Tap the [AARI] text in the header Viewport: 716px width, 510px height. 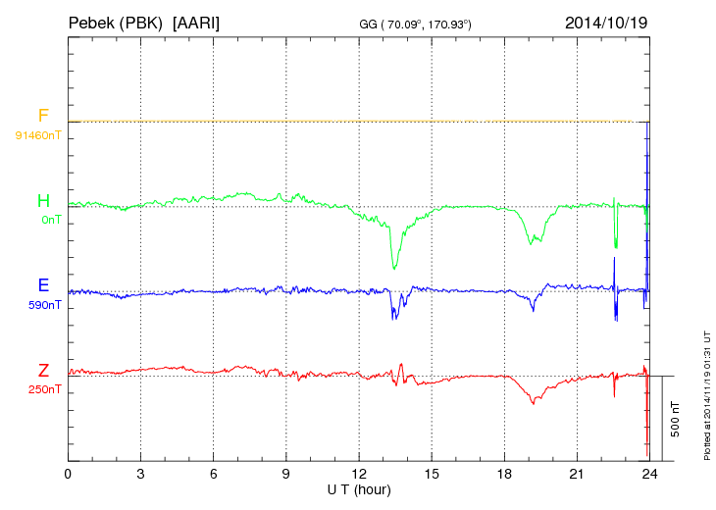195,22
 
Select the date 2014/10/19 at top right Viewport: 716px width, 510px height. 605,22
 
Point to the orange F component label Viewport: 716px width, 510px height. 43,117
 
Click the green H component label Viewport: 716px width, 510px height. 43,202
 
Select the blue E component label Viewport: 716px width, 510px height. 43,286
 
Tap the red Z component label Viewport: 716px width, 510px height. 43,371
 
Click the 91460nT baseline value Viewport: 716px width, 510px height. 37,134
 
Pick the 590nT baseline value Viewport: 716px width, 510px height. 45,305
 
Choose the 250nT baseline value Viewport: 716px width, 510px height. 45,389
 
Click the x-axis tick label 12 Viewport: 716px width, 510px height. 359,474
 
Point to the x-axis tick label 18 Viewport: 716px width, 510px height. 504,474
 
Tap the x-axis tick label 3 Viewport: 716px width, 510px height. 140,474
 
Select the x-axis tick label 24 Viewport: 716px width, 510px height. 649,474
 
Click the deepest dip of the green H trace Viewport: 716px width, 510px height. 394,268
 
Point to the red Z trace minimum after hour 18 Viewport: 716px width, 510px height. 533,403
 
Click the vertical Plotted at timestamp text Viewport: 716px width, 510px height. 706,392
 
